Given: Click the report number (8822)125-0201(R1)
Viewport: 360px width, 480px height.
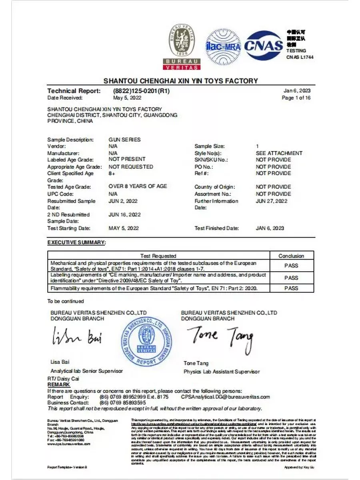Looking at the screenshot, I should click(x=142, y=91).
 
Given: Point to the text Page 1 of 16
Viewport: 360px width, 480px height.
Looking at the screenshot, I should click(x=296, y=98).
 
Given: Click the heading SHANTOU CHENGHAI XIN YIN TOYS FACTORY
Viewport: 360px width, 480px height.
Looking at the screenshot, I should click(x=181, y=81).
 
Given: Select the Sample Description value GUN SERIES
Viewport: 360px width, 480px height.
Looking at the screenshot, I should click(x=124, y=140).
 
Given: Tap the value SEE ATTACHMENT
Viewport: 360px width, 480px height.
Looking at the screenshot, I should click(x=279, y=153).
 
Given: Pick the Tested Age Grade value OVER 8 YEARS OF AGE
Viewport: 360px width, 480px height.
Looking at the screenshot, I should click(x=138, y=186).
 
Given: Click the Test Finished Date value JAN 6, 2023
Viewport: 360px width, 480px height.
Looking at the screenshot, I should click(x=270, y=228).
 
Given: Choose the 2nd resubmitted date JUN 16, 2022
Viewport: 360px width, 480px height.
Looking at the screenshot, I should click(x=125, y=215).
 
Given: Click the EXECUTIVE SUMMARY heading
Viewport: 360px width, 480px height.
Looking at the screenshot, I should click(x=76, y=242).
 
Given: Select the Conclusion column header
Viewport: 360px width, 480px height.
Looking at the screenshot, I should click(x=291, y=256).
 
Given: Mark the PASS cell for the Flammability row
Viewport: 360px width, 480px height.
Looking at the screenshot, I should click(x=291, y=288).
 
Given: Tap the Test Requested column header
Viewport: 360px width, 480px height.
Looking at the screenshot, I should click(x=158, y=256).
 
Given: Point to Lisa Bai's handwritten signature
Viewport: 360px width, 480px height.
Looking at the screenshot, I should click(x=77, y=337).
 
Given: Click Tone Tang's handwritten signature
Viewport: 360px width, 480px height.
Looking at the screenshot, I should click(x=220, y=338).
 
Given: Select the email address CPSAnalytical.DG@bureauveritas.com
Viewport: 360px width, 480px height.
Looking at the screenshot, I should click(x=225, y=397).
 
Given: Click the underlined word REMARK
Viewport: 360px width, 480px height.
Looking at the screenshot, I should click(x=58, y=384).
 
